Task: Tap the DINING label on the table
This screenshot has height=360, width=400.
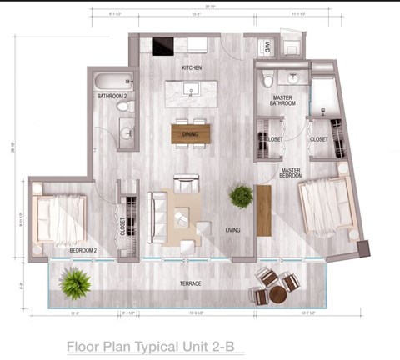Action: [x=191, y=134]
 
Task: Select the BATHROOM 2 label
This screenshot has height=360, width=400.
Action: [x=112, y=97]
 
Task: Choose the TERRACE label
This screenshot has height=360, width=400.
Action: [x=192, y=284]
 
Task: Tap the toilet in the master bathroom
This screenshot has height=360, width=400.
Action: [x=267, y=80]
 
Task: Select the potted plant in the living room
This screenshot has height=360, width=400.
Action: [x=242, y=196]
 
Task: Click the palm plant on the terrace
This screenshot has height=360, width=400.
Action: [x=75, y=283]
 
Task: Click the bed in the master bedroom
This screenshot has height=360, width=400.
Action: [x=325, y=204]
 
